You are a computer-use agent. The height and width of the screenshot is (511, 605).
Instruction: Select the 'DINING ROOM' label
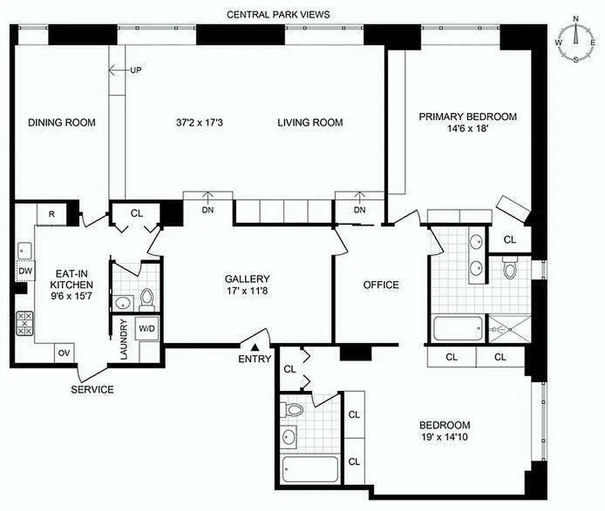(61, 123)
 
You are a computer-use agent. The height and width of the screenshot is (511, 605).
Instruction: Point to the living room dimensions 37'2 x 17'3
(203, 123)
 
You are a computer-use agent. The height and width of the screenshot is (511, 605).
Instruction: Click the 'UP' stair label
(136, 70)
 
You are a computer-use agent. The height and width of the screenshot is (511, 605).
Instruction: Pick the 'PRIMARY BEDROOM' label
(467, 116)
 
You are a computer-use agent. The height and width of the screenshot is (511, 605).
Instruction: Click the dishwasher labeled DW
(24, 271)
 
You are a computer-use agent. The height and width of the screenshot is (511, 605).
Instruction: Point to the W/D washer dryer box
(147, 328)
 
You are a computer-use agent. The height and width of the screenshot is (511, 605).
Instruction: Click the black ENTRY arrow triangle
(255, 347)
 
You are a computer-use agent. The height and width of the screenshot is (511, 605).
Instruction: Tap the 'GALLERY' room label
(247, 279)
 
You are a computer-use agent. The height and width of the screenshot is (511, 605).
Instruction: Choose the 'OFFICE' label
(381, 285)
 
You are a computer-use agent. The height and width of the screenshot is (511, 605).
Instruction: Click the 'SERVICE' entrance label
(92, 389)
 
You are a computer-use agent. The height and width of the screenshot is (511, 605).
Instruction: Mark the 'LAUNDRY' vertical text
(124, 339)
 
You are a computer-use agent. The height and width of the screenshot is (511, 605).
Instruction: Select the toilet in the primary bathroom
(510, 269)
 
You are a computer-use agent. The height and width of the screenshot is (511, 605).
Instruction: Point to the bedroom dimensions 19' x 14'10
(444, 438)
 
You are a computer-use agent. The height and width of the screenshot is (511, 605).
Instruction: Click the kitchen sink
(24, 248)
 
